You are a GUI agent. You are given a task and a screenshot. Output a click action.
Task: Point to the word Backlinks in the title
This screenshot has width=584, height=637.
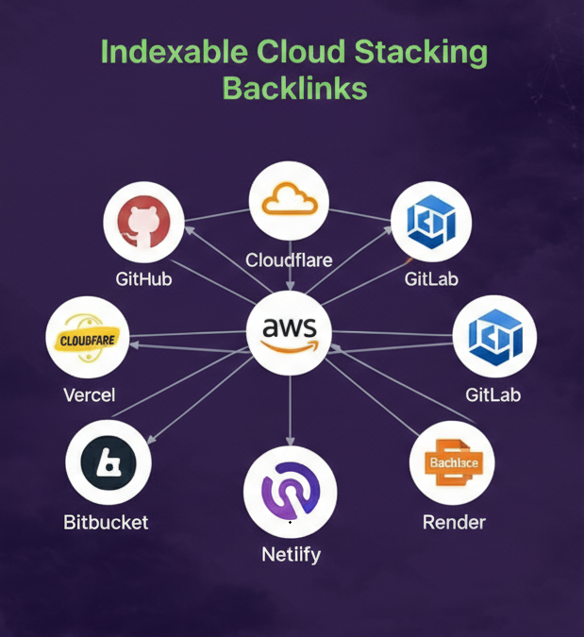tap(294, 89)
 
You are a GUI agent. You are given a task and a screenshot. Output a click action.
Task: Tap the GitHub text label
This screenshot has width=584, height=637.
tap(143, 279)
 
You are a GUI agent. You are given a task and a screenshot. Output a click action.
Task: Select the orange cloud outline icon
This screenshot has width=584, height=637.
tap(290, 199)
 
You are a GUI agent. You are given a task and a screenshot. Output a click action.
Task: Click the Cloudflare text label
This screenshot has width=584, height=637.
tap(289, 260)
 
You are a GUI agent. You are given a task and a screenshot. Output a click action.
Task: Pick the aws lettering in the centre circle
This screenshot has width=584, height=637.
tap(290, 329)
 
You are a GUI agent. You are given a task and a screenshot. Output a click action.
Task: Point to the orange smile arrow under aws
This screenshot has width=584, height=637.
tap(291, 346)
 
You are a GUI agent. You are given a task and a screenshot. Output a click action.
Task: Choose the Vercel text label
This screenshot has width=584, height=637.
tap(89, 394)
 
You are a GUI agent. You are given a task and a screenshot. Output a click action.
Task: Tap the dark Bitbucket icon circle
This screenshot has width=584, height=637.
tap(108, 462)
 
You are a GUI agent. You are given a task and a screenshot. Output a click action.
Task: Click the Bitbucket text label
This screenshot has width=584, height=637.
tap(106, 522)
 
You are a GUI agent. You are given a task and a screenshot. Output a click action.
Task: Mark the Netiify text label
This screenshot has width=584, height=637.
tap(291, 554)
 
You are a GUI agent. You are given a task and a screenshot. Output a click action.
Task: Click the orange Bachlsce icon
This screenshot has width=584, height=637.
tap(454, 463)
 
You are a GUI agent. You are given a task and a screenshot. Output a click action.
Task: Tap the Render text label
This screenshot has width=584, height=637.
tap(454, 522)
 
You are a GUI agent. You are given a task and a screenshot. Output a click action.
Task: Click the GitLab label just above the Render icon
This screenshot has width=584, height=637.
tap(493, 394)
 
